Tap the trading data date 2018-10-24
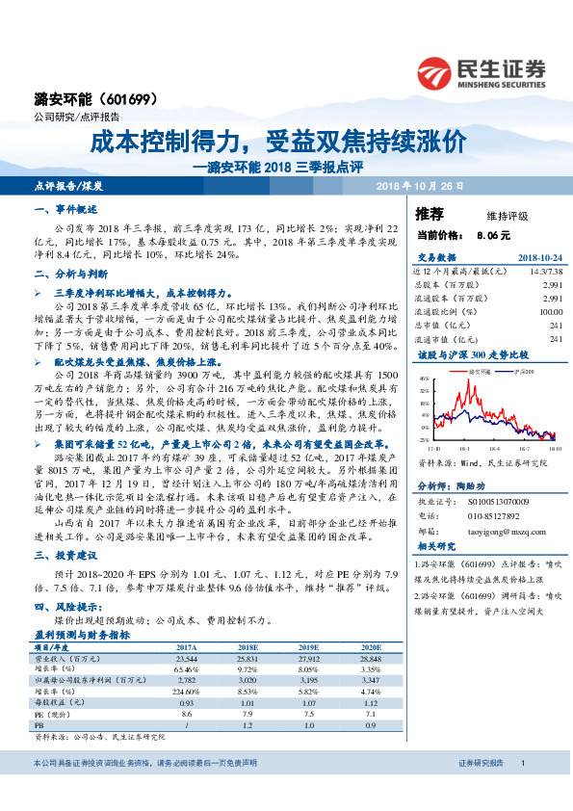point(539,259)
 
